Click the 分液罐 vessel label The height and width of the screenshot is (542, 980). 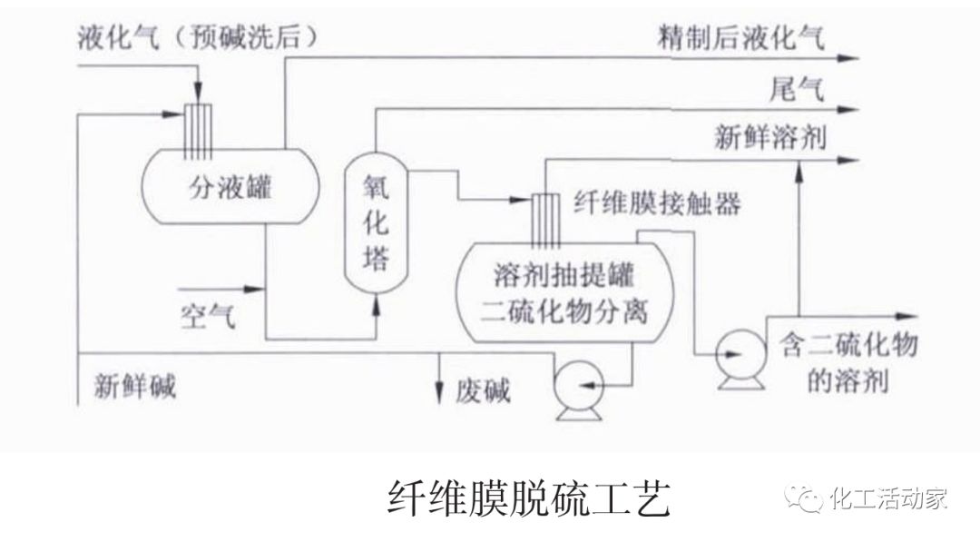[x=230, y=189]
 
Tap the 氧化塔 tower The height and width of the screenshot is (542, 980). [x=376, y=221]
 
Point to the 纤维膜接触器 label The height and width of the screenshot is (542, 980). [x=657, y=202]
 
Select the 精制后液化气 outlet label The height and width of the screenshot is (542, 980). [x=742, y=38]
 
